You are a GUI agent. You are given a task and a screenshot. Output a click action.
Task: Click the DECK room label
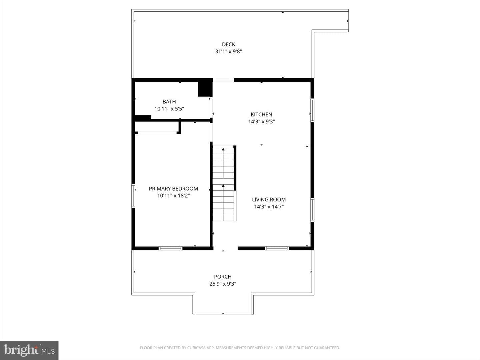(229, 44)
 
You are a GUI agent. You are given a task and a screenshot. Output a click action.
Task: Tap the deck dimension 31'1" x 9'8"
(229, 52)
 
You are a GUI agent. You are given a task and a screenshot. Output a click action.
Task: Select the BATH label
(169, 102)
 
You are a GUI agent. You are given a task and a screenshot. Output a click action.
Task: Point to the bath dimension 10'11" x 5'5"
(169, 109)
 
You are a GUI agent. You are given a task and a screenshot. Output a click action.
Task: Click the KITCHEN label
(261, 114)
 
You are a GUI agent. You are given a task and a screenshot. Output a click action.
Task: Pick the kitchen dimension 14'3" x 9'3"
(262, 122)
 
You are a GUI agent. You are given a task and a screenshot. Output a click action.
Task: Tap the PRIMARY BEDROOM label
(173, 189)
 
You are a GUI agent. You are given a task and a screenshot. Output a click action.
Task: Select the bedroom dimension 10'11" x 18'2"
(173, 196)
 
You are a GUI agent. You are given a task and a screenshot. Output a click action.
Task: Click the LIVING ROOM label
(269, 200)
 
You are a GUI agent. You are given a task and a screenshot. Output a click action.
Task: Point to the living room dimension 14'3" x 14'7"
(269, 207)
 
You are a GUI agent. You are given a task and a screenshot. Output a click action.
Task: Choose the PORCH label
(223, 277)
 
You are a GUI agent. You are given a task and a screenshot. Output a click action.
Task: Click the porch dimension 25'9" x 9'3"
(223, 284)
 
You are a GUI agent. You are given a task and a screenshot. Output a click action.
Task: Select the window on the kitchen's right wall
(312, 110)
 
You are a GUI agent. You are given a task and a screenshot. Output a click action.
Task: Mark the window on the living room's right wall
(312, 210)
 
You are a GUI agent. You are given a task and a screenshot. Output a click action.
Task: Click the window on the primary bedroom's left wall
(133, 196)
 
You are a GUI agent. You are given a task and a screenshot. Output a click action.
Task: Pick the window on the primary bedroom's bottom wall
(170, 248)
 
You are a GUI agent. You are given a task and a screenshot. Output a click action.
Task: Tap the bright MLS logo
(29, 350)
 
